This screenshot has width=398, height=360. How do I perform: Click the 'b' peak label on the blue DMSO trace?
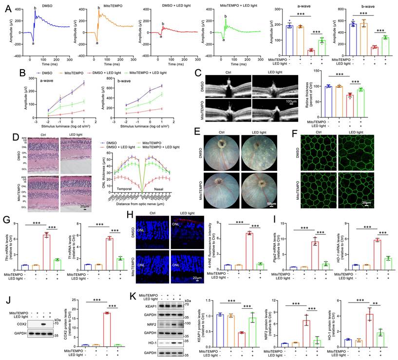pos(35,8)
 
